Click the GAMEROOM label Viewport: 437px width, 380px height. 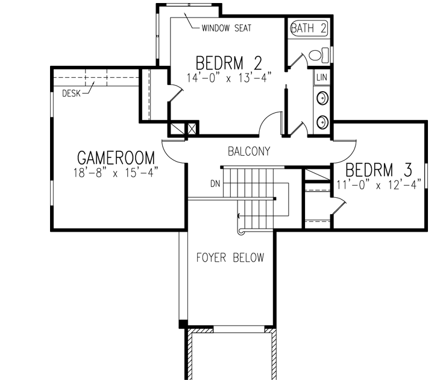[x=116, y=158]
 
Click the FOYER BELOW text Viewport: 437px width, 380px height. [x=230, y=258]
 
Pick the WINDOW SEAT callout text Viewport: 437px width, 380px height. [x=226, y=28]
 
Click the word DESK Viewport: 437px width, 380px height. [x=71, y=93]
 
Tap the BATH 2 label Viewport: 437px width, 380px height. [x=309, y=28]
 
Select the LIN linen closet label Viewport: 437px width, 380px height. [x=321, y=78]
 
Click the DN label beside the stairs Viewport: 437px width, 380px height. [x=215, y=183]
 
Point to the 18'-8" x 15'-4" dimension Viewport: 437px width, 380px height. [x=116, y=172]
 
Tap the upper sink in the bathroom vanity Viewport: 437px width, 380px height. [x=322, y=97]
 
